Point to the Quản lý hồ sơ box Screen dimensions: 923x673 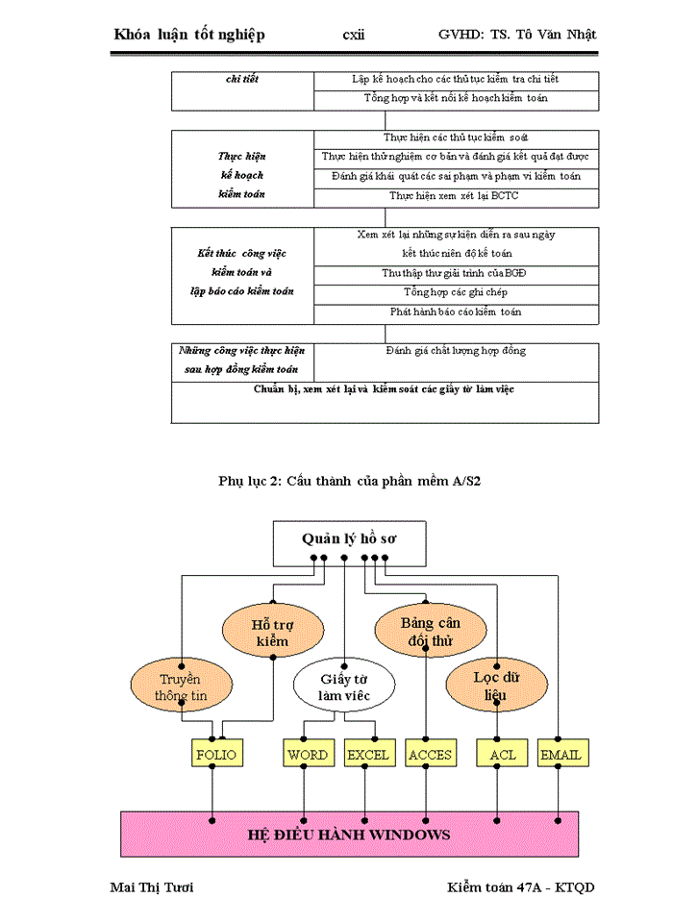349,540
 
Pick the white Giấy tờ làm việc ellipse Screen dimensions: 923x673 344,686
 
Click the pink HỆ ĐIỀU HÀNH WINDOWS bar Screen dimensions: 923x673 349,833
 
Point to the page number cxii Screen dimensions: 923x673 353,35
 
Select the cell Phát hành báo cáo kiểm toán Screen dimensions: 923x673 456,312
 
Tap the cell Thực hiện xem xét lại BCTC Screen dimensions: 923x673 456,195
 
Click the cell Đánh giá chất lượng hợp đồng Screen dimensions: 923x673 456,351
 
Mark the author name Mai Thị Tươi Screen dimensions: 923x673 153,886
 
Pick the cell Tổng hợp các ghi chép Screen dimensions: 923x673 456,292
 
